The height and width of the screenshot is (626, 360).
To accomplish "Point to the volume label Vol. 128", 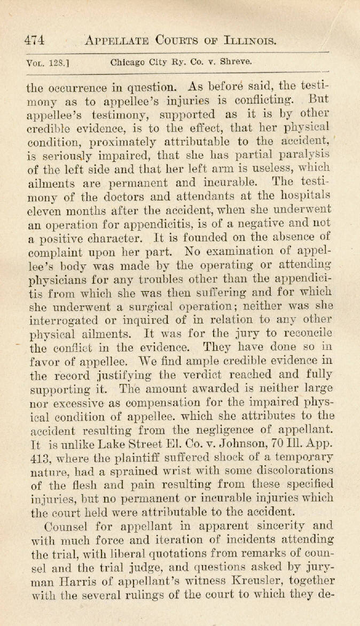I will click(x=44, y=62).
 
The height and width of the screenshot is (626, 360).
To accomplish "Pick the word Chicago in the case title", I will click(x=127, y=61).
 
